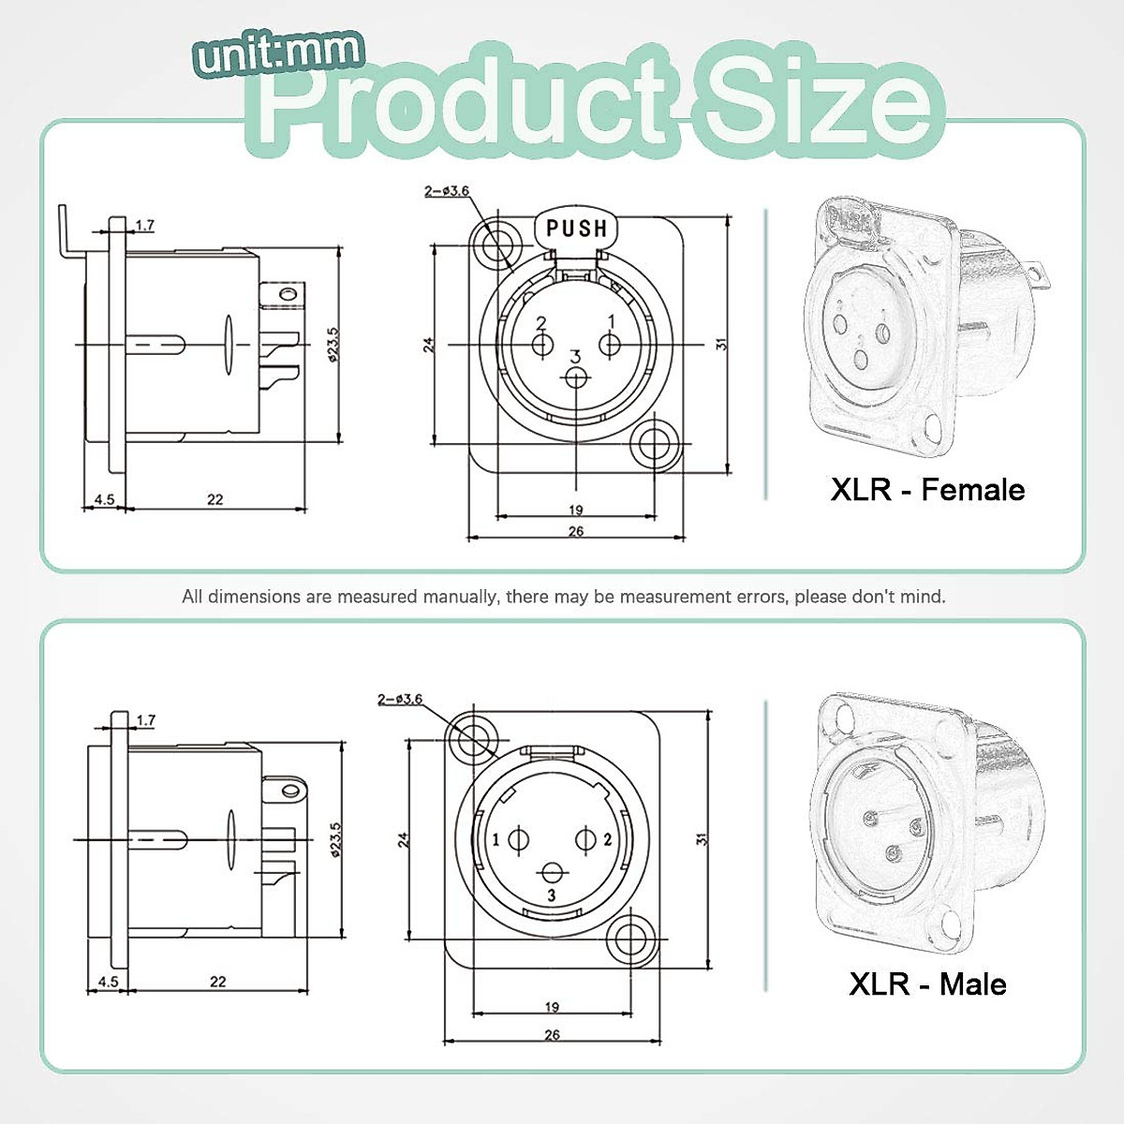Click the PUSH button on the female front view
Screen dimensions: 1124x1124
pyautogui.click(x=576, y=229)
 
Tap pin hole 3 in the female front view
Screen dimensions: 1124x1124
pyautogui.click(x=576, y=377)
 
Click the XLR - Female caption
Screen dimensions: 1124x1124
pyautogui.click(x=927, y=489)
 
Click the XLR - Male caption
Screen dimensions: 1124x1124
pyautogui.click(x=927, y=983)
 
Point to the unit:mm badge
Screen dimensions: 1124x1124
pyautogui.click(x=279, y=54)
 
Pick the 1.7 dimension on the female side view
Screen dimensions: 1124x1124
pyautogui.click(x=144, y=225)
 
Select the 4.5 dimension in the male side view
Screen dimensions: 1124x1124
pyautogui.click(x=108, y=982)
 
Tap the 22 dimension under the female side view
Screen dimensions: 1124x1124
pyautogui.click(x=215, y=499)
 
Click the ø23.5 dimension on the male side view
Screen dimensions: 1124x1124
pyautogui.click(x=336, y=839)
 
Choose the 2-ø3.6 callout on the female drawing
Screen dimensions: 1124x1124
pyautogui.click(x=447, y=191)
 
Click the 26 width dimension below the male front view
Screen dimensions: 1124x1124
pyautogui.click(x=552, y=1034)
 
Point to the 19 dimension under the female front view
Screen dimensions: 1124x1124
pyautogui.click(x=575, y=510)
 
